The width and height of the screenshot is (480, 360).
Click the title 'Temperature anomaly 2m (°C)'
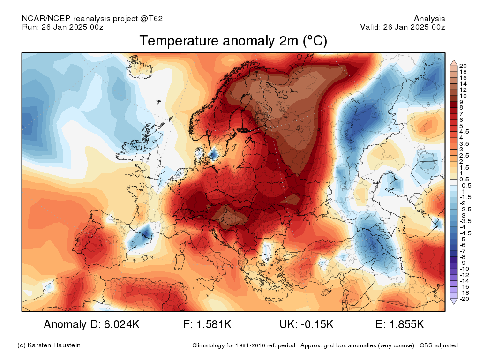click(x=233, y=41)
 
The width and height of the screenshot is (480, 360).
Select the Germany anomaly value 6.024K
click(x=122, y=324)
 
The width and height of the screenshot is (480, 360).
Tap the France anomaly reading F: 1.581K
click(x=207, y=324)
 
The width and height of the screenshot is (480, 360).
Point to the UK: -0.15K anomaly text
click(x=307, y=324)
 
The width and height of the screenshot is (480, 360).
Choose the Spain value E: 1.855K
click(x=400, y=324)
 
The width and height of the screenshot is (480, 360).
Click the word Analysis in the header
click(x=429, y=19)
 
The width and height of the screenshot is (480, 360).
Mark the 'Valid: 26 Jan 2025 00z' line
click(x=403, y=27)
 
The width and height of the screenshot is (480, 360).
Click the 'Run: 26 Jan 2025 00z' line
click(x=63, y=27)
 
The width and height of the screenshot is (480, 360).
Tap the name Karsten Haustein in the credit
click(x=54, y=345)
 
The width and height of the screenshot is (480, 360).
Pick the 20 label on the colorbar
click(x=463, y=66)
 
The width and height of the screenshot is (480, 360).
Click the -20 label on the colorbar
click(x=464, y=299)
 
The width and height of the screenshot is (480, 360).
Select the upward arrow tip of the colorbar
click(x=454, y=60)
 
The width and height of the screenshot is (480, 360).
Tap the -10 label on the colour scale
click(x=464, y=269)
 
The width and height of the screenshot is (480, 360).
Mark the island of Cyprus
click(x=327, y=290)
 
